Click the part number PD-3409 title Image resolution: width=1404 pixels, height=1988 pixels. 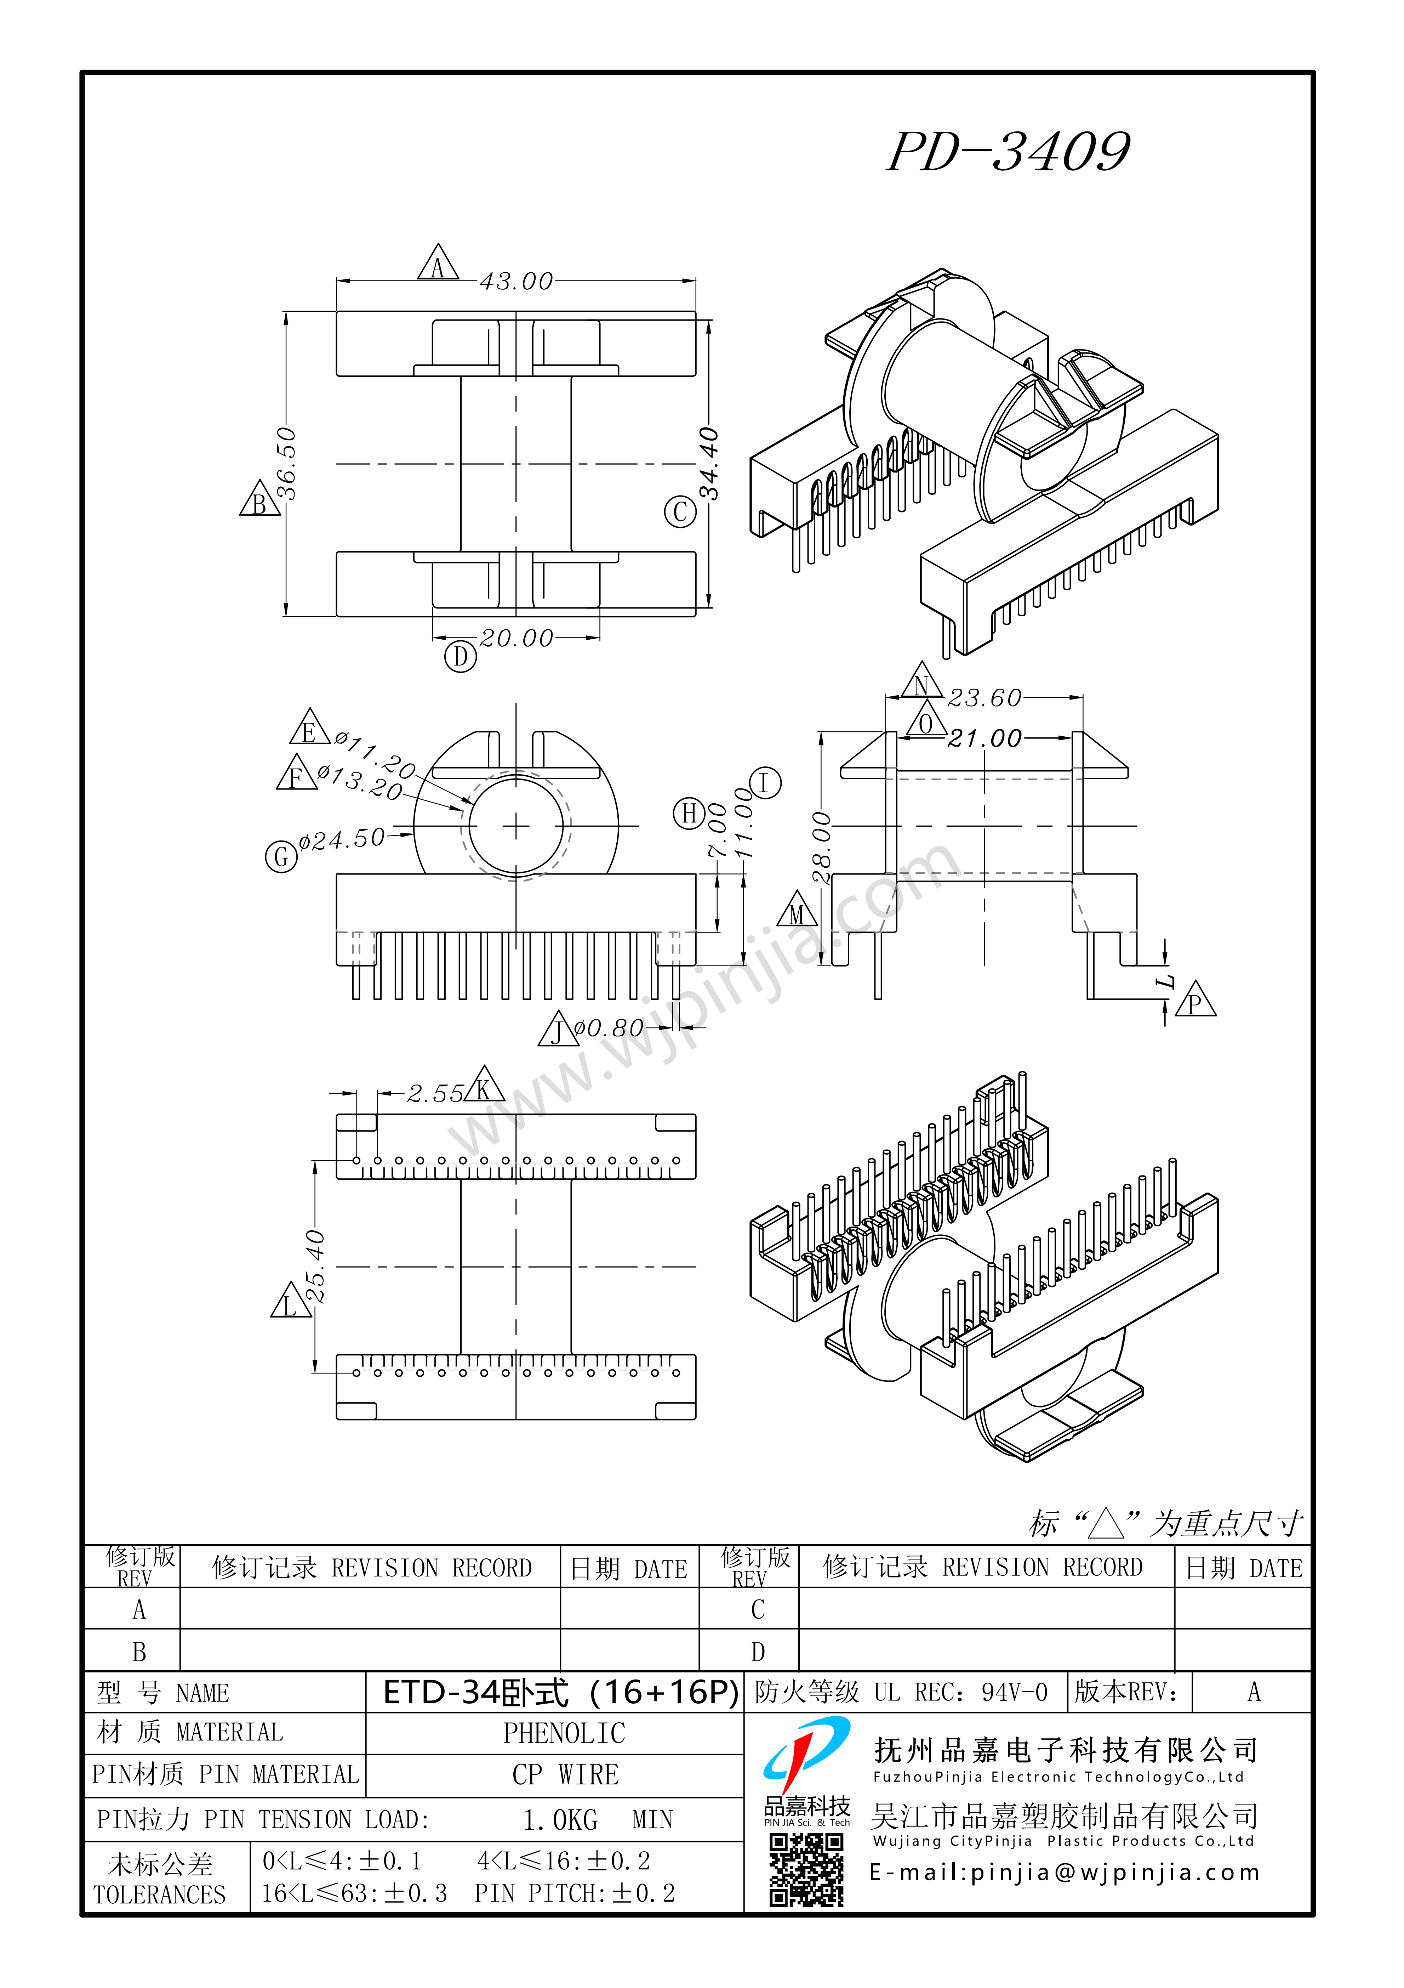pos(1009,152)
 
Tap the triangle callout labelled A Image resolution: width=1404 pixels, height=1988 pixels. pos(438,263)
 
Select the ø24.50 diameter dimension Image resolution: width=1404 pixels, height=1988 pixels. pos(342,839)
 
